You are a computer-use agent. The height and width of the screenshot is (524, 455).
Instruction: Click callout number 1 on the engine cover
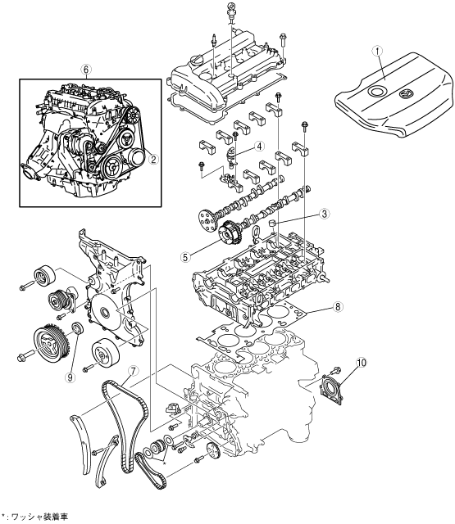378,51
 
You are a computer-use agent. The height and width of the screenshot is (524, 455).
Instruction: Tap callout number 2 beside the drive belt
153,160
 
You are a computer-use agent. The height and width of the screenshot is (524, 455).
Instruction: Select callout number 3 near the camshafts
324,214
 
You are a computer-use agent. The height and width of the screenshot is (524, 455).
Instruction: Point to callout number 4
259,147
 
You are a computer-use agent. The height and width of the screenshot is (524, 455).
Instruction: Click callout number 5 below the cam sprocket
185,257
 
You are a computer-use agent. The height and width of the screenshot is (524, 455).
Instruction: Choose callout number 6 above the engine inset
86,70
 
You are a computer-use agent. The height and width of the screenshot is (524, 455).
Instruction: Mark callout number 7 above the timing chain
133,371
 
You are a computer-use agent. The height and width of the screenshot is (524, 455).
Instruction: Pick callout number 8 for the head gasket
338,306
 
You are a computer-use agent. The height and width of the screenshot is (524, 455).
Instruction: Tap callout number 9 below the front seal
70,377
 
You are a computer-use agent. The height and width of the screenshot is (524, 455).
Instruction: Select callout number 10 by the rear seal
362,363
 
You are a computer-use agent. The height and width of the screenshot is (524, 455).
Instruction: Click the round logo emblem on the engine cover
406,94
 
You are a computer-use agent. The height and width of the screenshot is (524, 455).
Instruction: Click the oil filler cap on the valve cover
195,61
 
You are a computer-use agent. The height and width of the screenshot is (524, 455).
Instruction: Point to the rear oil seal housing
331,390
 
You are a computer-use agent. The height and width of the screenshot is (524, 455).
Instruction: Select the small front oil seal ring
78,327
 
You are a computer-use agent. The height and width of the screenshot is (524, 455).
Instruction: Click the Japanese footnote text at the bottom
34,517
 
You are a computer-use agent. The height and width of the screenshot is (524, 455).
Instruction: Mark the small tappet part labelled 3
273,223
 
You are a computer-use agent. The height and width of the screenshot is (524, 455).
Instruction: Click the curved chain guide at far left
80,444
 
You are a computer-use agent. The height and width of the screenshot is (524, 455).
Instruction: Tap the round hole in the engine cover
375,91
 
